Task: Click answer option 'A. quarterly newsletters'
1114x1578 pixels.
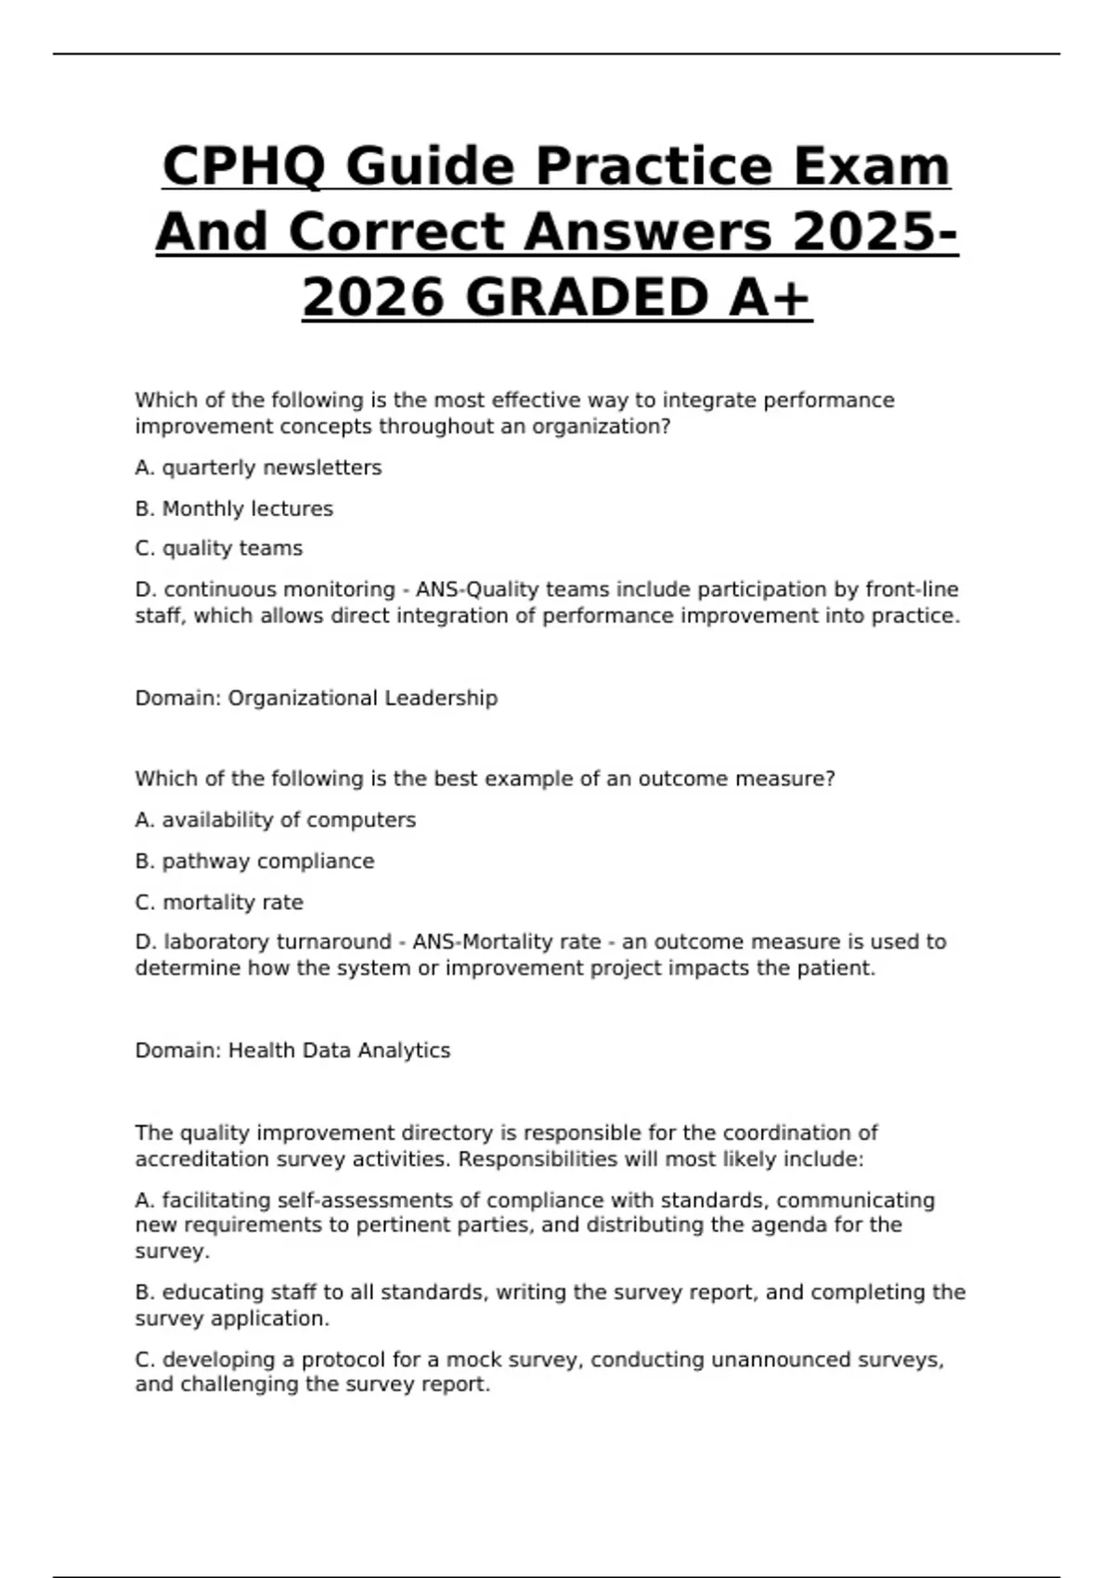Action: (x=258, y=468)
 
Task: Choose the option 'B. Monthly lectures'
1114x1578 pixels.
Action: (x=234, y=509)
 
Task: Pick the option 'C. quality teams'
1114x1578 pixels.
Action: (x=219, y=549)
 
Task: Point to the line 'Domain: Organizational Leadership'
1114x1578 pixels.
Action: (x=316, y=698)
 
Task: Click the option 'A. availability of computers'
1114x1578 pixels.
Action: (x=275, y=821)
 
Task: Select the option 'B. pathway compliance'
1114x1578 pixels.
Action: (x=254, y=861)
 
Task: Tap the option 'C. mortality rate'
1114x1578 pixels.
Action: (x=219, y=902)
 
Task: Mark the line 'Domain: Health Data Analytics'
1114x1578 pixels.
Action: (x=292, y=1051)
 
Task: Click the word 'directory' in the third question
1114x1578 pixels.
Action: (x=450, y=1133)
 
